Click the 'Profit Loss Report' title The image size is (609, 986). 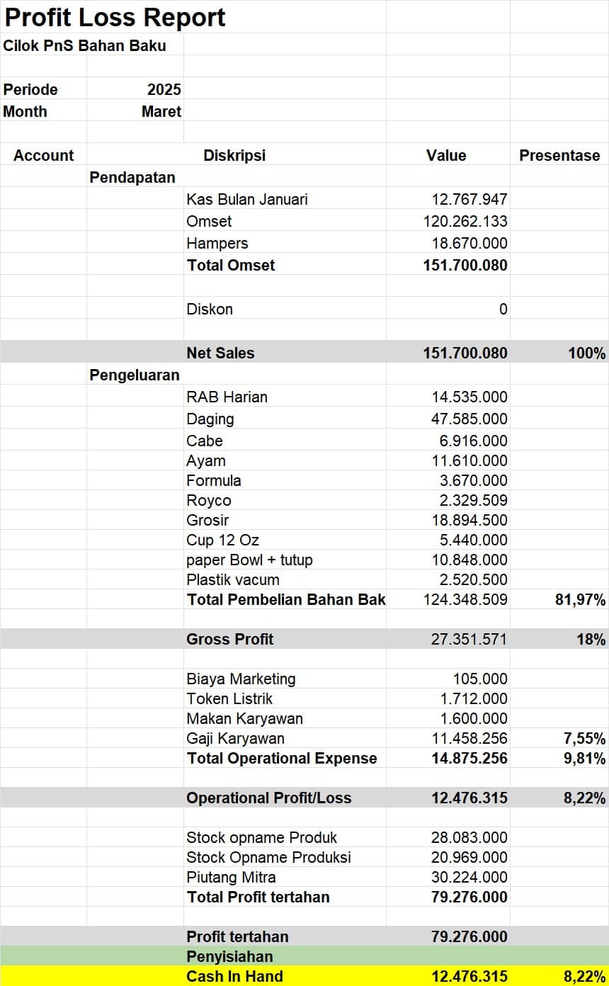[115, 17]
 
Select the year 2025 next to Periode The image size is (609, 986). [164, 90]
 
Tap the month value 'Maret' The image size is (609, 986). [161, 112]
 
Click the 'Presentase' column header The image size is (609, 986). [559, 156]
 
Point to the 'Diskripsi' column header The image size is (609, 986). [234, 156]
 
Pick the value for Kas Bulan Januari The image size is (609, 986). [469, 200]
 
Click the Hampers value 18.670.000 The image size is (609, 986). [469, 244]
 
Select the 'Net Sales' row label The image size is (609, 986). [220, 353]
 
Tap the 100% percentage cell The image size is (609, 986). [586, 353]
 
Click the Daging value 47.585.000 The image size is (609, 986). [469, 419]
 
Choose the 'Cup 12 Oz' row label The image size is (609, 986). [222, 540]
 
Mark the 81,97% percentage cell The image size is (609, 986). [580, 600]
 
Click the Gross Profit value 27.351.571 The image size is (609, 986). [469, 640]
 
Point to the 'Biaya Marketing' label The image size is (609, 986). [241, 679]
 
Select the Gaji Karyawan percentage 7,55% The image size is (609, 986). [584, 739]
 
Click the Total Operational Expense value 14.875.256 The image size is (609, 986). [469, 759]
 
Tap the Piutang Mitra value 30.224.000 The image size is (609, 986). [469, 878]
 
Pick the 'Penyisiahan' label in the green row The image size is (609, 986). [229, 957]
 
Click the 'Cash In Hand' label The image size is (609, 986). [234, 977]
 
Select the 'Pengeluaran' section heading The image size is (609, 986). [135, 375]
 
